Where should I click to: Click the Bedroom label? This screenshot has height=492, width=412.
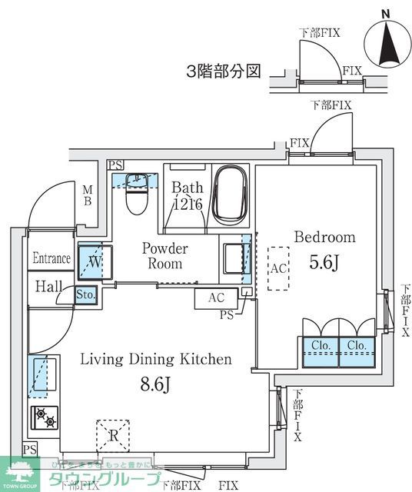(324, 238)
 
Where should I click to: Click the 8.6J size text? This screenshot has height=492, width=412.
(155, 384)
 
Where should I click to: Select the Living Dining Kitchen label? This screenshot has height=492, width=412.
(157, 359)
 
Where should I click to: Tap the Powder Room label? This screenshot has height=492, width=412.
(164, 256)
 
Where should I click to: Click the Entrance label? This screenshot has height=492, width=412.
(51, 259)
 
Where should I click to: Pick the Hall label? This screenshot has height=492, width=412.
(48, 287)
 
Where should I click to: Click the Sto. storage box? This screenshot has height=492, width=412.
(85, 294)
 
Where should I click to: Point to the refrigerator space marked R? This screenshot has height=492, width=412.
(112, 435)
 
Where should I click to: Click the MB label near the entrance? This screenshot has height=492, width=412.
(88, 195)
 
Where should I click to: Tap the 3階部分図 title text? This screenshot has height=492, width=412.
(223, 72)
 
